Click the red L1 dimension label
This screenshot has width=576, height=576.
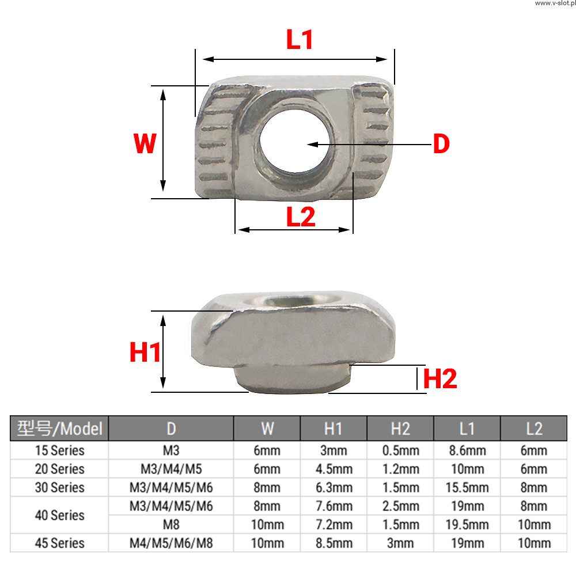300,39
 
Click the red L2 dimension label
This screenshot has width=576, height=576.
301,217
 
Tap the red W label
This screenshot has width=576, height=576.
145,143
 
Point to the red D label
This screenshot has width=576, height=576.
441,143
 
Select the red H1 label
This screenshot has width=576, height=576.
145,353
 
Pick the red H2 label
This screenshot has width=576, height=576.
440,378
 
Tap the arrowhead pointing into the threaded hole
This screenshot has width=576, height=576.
313,145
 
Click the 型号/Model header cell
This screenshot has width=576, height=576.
59,429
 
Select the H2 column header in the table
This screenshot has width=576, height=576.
400,429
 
